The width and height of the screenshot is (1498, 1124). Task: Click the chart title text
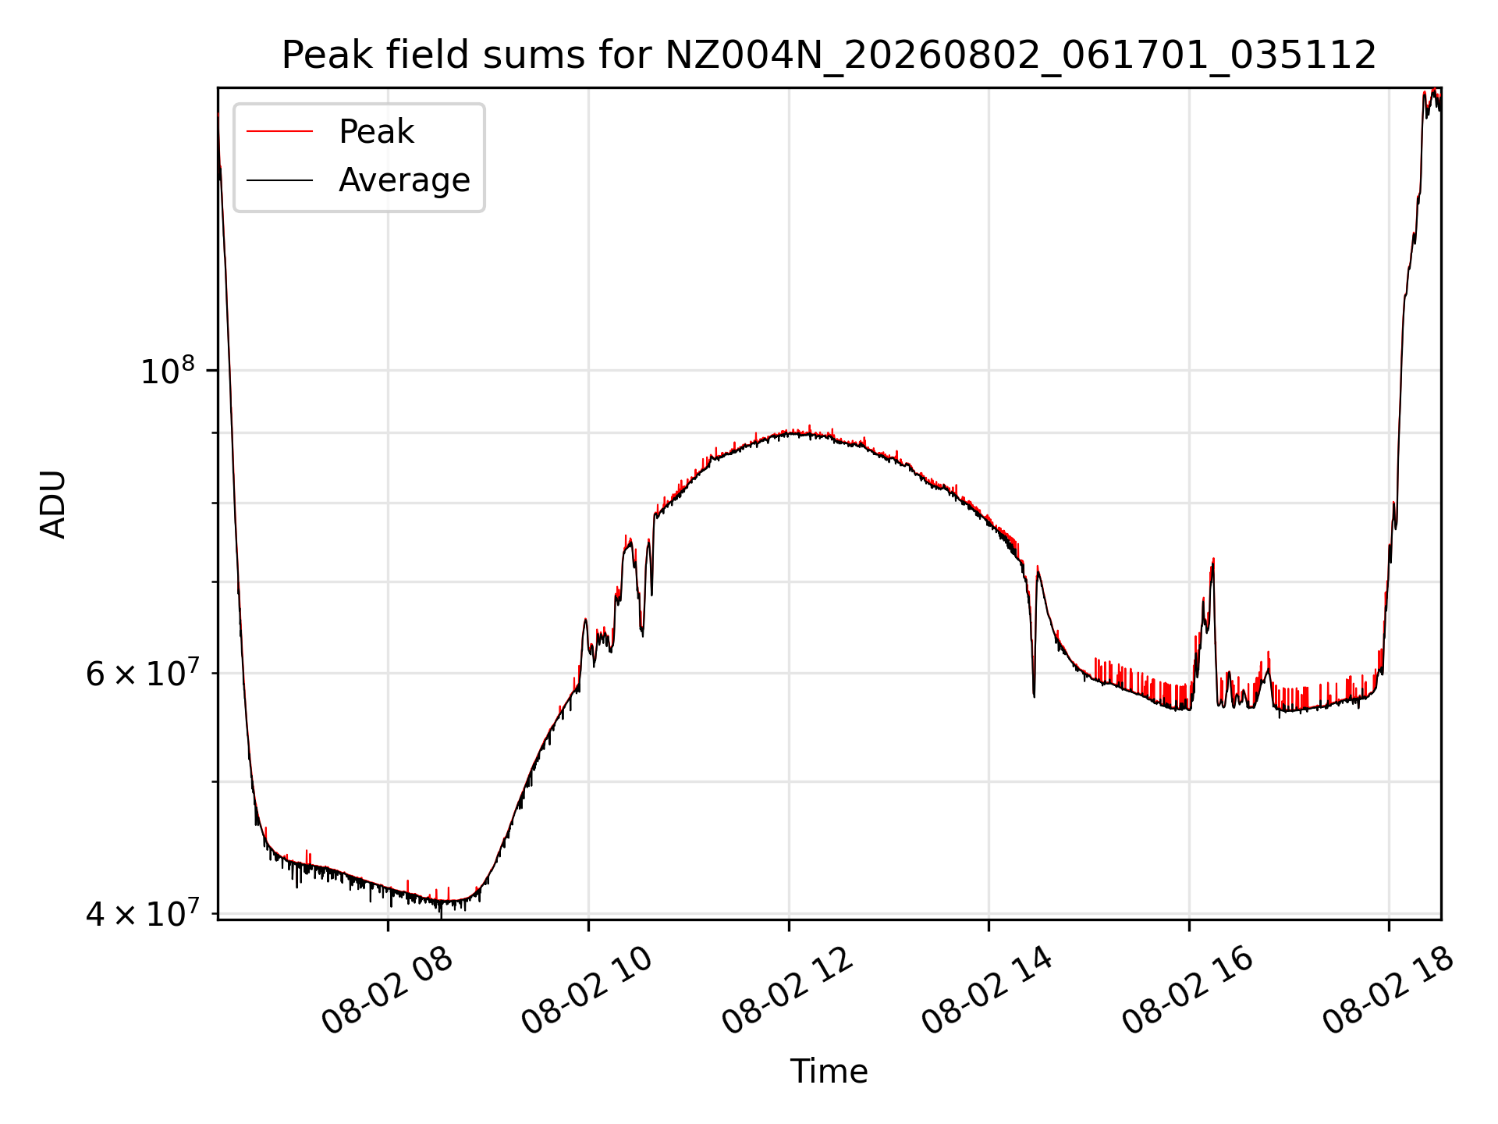[x=829, y=55]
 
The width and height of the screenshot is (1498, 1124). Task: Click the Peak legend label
[x=376, y=132]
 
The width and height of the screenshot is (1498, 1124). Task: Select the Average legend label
[x=404, y=180]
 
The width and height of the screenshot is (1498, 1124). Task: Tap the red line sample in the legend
[x=280, y=132]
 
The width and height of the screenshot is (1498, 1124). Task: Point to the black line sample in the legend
[x=280, y=180]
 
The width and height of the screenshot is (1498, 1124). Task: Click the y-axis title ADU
[x=53, y=503]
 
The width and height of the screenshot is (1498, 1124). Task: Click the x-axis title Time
[x=829, y=1072]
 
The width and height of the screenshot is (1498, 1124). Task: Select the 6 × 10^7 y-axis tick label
[x=144, y=672]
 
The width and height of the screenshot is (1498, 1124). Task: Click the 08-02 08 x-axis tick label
[x=387, y=991]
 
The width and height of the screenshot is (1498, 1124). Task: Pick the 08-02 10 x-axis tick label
[x=587, y=991]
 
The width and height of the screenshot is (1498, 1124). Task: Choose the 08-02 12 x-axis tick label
[x=787, y=991]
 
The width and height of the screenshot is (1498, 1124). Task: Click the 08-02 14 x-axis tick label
[x=987, y=991]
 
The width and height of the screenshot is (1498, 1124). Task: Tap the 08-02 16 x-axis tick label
[x=1187, y=991]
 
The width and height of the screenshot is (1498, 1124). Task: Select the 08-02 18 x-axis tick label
[x=1388, y=991]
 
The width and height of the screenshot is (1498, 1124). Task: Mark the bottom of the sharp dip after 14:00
[x=1034, y=695]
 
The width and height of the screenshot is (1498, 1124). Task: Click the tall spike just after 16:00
[x=1213, y=560]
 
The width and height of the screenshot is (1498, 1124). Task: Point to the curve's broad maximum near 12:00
[x=796, y=432]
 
